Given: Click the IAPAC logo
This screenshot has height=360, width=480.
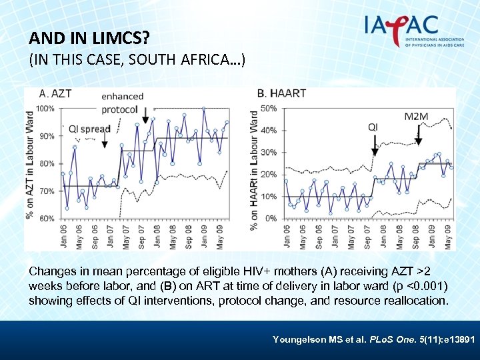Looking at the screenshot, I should pyautogui.click(x=409, y=29).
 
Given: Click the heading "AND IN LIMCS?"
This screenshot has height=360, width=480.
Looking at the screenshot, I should pyautogui.click(x=89, y=39).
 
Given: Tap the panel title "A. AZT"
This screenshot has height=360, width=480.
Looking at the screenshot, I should pyautogui.click(x=55, y=93).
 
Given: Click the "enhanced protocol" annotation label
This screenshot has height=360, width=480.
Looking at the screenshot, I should pyautogui.click(x=121, y=103).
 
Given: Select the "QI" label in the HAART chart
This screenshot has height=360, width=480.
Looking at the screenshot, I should pyautogui.click(x=373, y=127).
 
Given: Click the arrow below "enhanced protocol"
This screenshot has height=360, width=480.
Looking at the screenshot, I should pyautogui.click(x=145, y=117).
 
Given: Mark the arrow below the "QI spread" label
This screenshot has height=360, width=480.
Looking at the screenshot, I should pyautogui.click(x=104, y=141).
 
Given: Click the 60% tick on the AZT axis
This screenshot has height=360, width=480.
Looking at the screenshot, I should pyautogui.click(x=46, y=219).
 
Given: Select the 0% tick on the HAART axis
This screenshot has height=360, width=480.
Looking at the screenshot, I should pyautogui.click(x=271, y=219).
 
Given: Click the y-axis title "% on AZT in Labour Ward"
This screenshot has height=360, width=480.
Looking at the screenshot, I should pyautogui.click(x=31, y=163).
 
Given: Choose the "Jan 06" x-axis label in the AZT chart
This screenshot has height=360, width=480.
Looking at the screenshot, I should pyautogui.click(x=63, y=235).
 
